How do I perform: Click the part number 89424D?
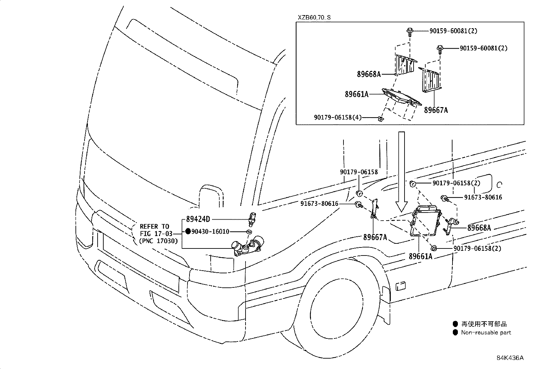pyautogui.click(x=198, y=219)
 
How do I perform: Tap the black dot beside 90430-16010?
pyautogui.click(x=188, y=231)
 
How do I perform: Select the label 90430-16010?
pyautogui.click(x=210, y=231)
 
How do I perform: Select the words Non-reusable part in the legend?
pyautogui.click(x=486, y=332)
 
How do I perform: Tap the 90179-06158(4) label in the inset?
pyautogui.click(x=338, y=118)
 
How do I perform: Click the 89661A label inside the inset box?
pyautogui.click(x=357, y=94)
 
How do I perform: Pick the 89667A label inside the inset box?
pyautogui.click(x=436, y=110)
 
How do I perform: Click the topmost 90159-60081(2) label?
pyautogui.click(x=453, y=31)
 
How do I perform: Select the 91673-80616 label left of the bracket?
pyautogui.click(x=319, y=204)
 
